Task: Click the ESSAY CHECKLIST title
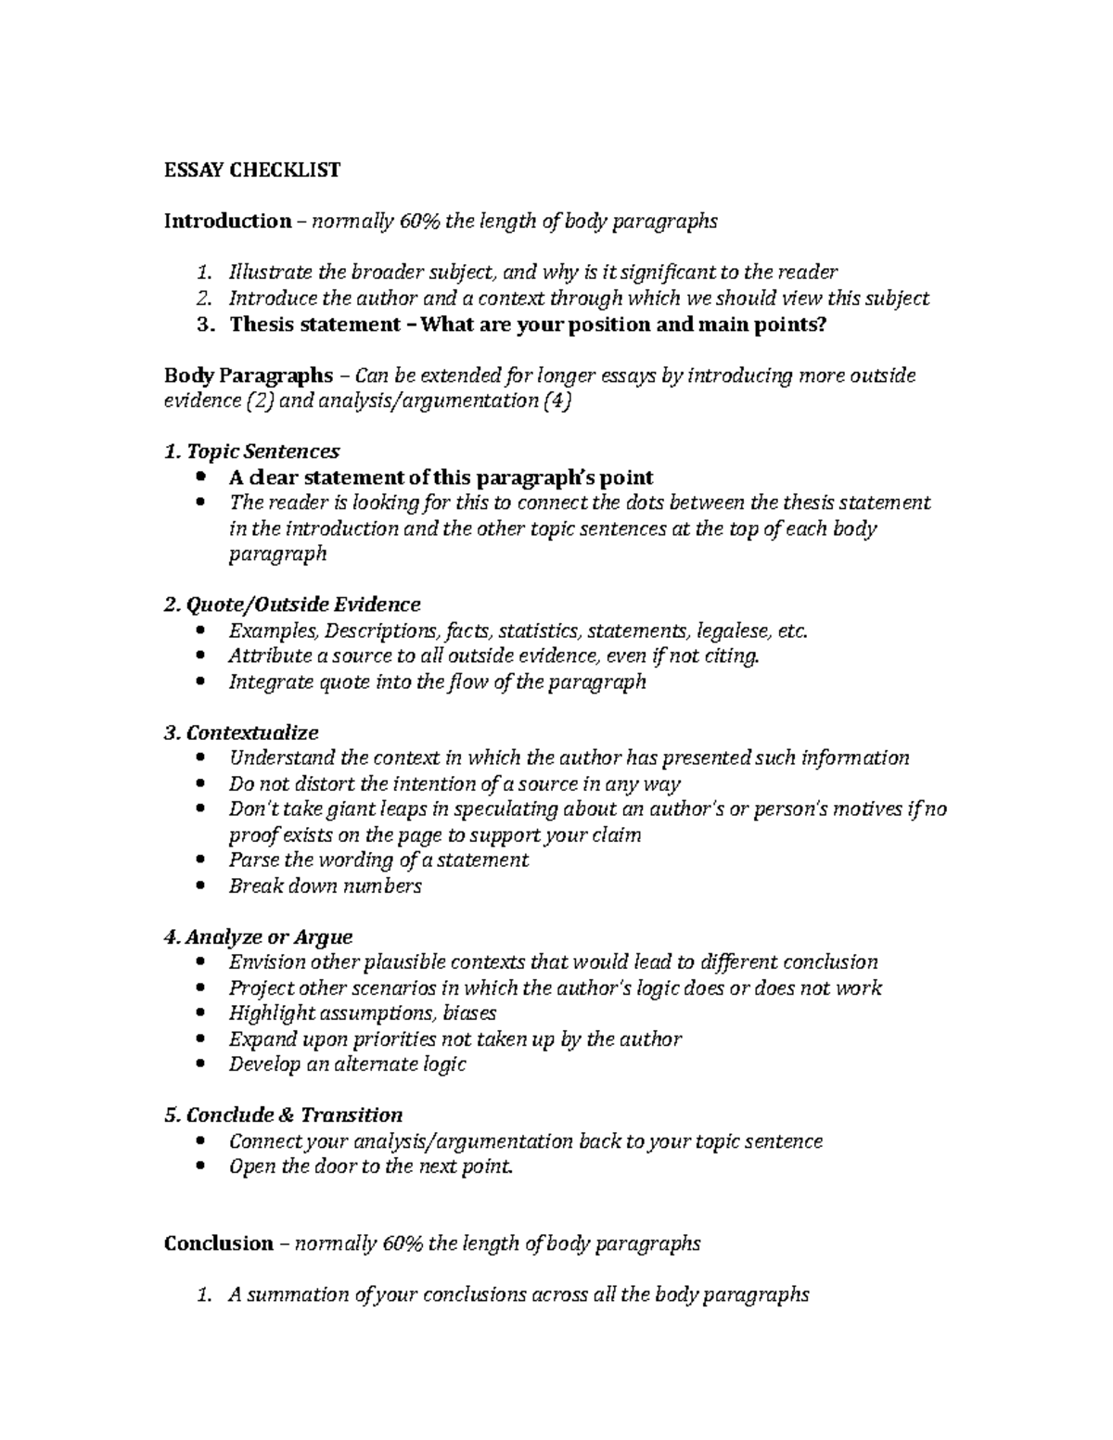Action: click(251, 170)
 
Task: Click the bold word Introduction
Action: click(227, 221)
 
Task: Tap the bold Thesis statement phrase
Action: click(315, 325)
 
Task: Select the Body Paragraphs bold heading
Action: click(248, 376)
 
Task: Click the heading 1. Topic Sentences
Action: click(251, 452)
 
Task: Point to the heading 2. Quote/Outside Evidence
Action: click(292, 605)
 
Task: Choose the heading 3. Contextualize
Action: click(241, 733)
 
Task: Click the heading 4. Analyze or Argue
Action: click(258, 937)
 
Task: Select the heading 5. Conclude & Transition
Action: click(283, 1115)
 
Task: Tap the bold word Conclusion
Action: click(218, 1243)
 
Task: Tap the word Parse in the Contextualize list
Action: click(253, 860)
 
